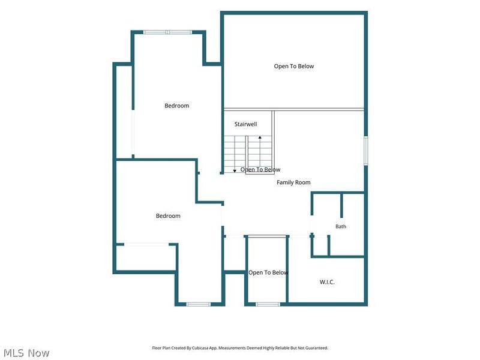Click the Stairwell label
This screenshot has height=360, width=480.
pyautogui.click(x=245, y=124)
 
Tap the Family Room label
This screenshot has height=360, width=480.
pyautogui.click(x=293, y=182)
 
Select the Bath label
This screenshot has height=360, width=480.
pyautogui.click(x=341, y=227)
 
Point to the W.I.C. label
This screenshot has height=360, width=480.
pyautogui.click(x=327, y=282)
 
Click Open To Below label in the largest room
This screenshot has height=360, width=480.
pyautogui.click(x=294, y=66)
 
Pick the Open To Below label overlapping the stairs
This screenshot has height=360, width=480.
pyautogui.click(x=260, y=170)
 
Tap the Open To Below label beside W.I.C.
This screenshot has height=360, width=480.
pyautogui.click(x=268, y=272)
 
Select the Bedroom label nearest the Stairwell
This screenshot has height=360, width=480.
pyautogui.click(x=176, y=106)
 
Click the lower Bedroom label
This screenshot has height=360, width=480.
pyautogui.click(x=168, y=216)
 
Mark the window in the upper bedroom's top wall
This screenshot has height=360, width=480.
pyautogui.click(x=168, y=32)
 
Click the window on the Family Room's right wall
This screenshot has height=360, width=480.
pyautogui.click(x=366, y=151)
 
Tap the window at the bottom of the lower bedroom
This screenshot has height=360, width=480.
pyautogui.click(x=199, y=304)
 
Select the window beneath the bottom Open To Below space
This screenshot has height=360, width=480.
pyautogui.click(x=268, y=304)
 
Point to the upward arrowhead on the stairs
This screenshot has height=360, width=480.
pyautogui.click(x=260, y=138)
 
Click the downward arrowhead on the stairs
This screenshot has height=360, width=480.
pyautogui.click(x=235, y=170)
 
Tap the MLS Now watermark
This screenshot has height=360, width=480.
pyautogui.click(x=26, y=353)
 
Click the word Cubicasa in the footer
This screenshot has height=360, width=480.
pyautogui.click(x=200, y=348)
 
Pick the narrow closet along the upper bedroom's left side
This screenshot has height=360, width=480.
pyautogui.click(x=124, y=112)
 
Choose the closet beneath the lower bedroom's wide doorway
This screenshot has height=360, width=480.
pyautogui.click(x=146, y=258)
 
